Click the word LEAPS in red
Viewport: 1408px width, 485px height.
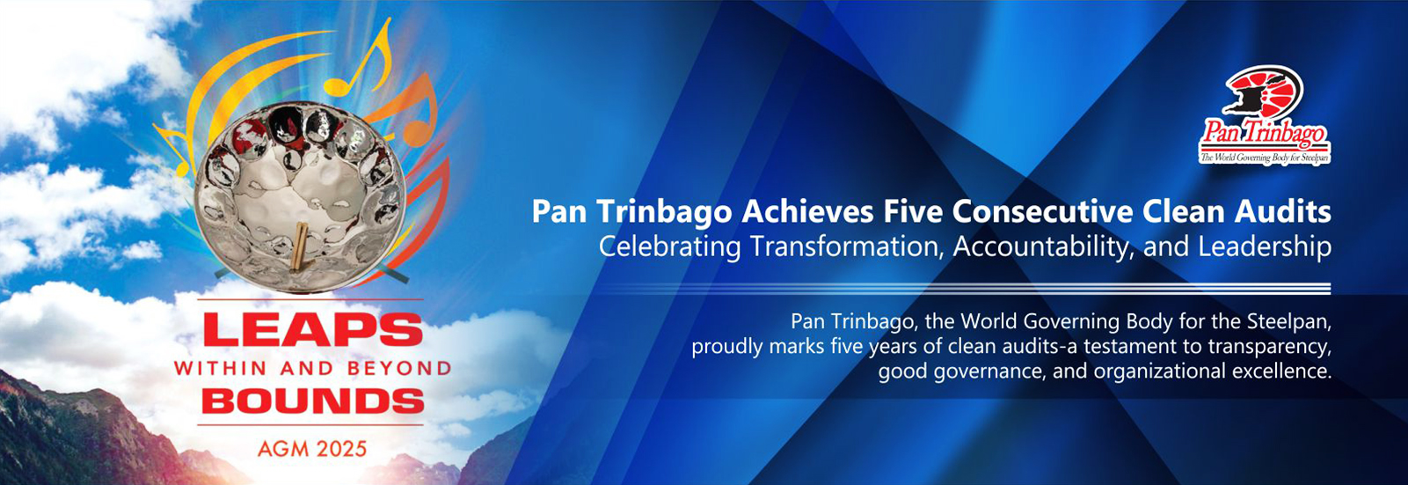pyautogui.click(x=312, y=330)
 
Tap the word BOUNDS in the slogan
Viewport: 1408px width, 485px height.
pyautogui.click(x=313, y=401)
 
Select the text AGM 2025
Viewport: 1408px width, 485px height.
pyautogui.click(x=312, y=449)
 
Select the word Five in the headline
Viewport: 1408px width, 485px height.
pyautogui.click(x=911, y=212)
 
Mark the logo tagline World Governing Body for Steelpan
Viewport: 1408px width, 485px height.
pyautogui.click(x=1265, y=158)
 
